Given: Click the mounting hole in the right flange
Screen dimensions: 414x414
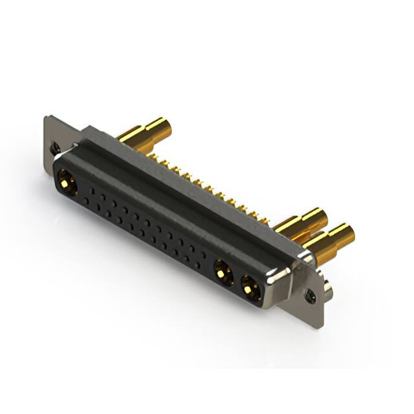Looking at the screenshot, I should tap(312, 295).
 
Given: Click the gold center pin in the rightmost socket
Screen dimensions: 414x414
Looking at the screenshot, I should tap(251, 288).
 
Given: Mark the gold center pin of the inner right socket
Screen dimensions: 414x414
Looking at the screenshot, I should tap(223, 272).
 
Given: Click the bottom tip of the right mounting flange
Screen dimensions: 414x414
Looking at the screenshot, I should tap(319, 325).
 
